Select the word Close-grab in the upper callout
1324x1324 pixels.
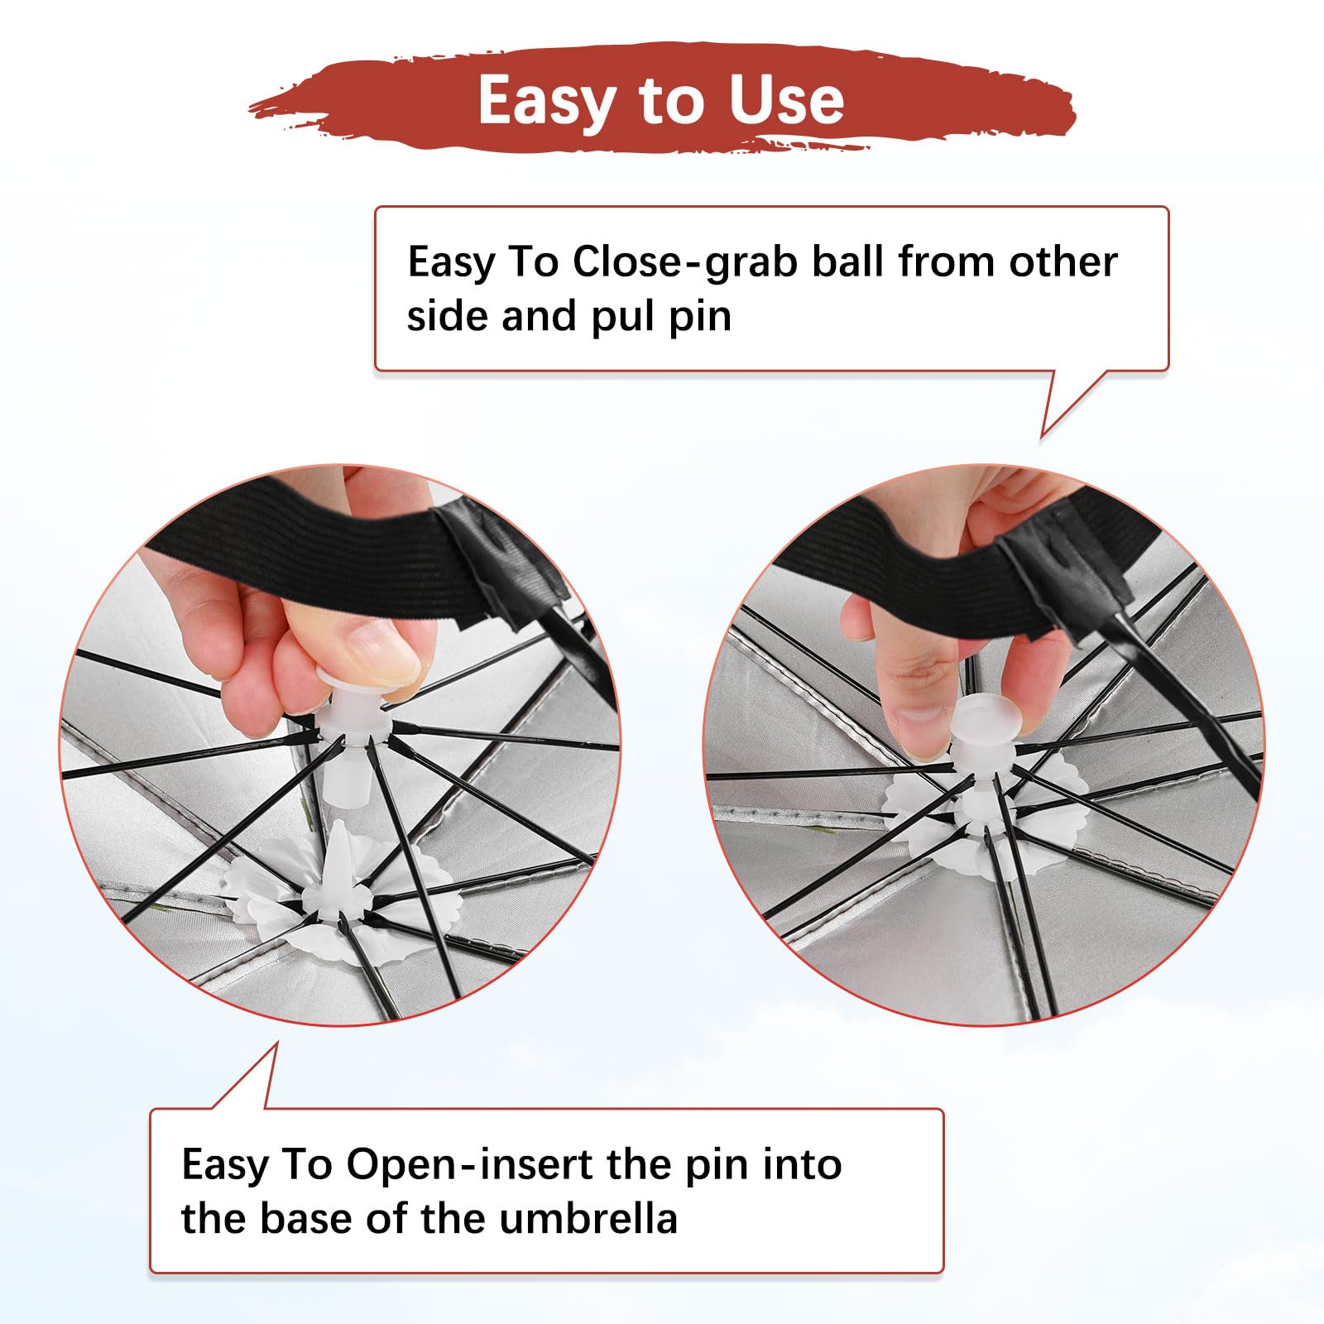685,261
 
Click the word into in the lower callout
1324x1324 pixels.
802,1164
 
